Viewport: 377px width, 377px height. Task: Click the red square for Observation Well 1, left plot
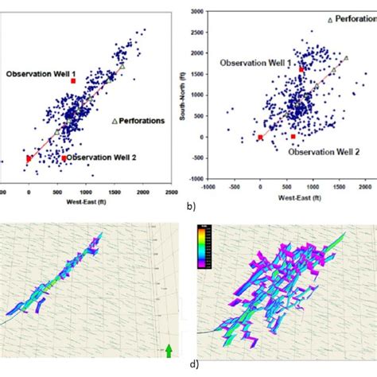pos(73,81)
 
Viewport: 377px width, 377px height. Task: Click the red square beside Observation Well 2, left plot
pos(64,158)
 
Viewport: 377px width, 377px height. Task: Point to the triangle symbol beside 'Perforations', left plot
pos(115,121)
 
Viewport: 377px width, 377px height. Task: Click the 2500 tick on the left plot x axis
pos(171,192)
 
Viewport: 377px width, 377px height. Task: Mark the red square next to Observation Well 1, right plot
pos(301,70)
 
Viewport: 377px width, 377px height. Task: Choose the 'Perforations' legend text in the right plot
pos(355,18)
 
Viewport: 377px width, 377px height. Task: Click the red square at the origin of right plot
pos(260,138)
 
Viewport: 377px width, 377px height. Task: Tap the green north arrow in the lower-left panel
pos(168,349)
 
